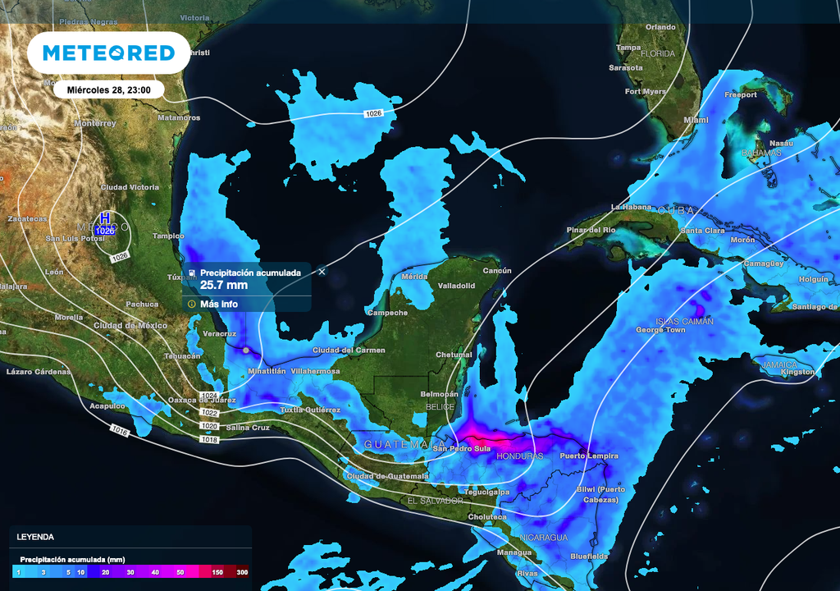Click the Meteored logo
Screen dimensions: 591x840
[x=108, y=53]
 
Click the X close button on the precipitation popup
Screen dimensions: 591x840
[x=322, y=271]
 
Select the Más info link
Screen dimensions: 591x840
[x=219, y=304]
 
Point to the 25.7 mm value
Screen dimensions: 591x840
[x=223, y=286]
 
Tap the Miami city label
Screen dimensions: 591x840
[x=696, y=120]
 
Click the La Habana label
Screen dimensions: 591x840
[x=630, y=207]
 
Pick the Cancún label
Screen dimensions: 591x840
[x=496, y=271]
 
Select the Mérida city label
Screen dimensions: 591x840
[x=415, y=277]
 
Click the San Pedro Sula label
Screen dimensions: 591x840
[x=462, y=448]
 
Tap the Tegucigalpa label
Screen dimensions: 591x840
[x=487, y=492]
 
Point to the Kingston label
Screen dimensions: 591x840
[x=797, y=372]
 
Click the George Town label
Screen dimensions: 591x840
[x=660, y=330]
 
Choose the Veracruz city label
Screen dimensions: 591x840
[x=219, y=334]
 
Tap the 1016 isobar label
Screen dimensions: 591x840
[x=121, y=430]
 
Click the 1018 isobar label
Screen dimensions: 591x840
[x=210, y=440]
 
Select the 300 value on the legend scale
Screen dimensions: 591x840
[x=242, y=571]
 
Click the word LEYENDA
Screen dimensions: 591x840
[x=35, y=537]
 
